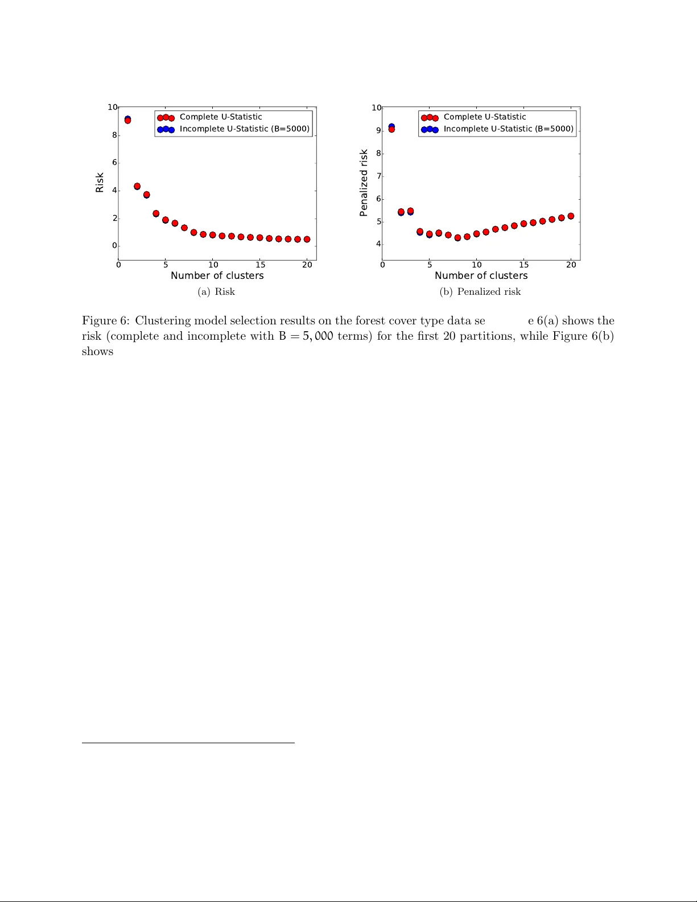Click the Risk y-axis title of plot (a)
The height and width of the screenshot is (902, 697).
point(100,183)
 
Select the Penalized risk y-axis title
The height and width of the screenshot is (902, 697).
point(364,183)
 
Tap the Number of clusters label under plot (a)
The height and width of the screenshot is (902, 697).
point(217,275)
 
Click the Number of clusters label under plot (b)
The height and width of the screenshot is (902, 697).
point(481,275)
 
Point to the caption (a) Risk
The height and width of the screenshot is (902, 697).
point(216,291)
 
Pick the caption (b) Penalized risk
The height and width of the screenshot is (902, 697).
point(480,291)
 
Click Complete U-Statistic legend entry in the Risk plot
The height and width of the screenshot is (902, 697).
point(221,117)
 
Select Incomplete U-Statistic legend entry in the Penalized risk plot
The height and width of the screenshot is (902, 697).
point(508,129)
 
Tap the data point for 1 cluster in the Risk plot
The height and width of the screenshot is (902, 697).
point(127,120)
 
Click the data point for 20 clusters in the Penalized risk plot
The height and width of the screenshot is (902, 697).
point(571,216)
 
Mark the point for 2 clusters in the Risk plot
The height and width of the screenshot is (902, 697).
point(137,186)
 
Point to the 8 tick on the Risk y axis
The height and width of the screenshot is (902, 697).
point(114,135)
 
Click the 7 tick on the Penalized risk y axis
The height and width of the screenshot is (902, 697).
point(378,176)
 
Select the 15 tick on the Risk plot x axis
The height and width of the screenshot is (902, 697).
point(260,265)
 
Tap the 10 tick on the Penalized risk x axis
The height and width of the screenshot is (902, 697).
point(477,265)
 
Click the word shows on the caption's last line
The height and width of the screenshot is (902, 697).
point(97,351)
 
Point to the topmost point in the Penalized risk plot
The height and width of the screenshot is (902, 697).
point(391,128)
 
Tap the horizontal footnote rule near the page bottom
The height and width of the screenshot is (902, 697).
point(188,743)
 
